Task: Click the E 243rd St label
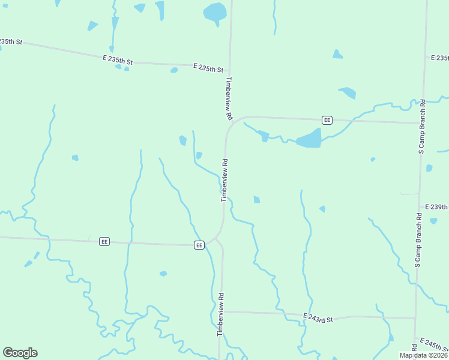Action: click(318, 317)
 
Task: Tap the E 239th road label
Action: click(436, 206)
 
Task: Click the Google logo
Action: click(20, 353)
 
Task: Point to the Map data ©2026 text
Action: click(423, 355)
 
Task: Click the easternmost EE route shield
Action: click(327, 120)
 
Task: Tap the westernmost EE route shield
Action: click(104, 241)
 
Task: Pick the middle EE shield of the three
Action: click(199, 245)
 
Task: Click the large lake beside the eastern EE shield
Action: click(309, 139)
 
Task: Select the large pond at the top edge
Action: click(214, 12)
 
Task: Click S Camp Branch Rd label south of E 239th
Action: click(418, 240)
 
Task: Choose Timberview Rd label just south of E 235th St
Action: click(228, 93)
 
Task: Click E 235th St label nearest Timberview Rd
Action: click(208, 68)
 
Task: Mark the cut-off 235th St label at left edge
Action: click(10, 41)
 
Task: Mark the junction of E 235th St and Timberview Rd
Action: click(229, 67)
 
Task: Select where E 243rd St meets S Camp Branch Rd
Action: click(415, 318)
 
